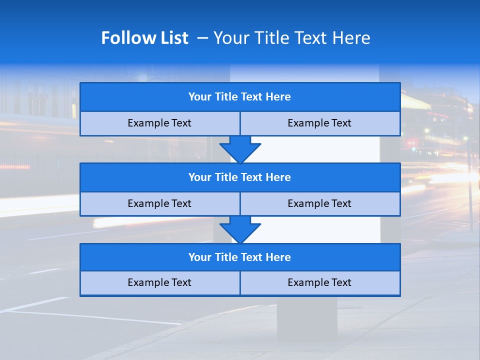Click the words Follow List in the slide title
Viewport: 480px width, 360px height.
pyautogui.click(x=145, y=38)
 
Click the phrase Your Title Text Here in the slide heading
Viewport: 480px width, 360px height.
pyautogui.click(x=291, y=38)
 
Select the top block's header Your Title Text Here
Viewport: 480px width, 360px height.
pyautogui.click(x=239, y=97)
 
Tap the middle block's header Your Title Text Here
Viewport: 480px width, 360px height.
pyautogui.click(x=239, y=177)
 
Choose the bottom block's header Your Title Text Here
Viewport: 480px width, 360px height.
pyautogui.click(x=239, y=257)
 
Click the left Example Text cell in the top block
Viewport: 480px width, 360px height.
pyautogui.click(x=159, y=123)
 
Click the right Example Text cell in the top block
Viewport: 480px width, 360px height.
pyautogui.click(x=319, y=123)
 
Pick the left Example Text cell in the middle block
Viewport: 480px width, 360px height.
pyautogui.click(x=159, y=204)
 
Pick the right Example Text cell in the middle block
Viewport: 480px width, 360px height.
pyautogui.click(x=319, y=204)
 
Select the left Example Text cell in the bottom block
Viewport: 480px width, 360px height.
pyautogui.click(x=159, y=283)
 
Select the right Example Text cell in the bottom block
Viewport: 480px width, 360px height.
pyautogui.click(x=319, y=283)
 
